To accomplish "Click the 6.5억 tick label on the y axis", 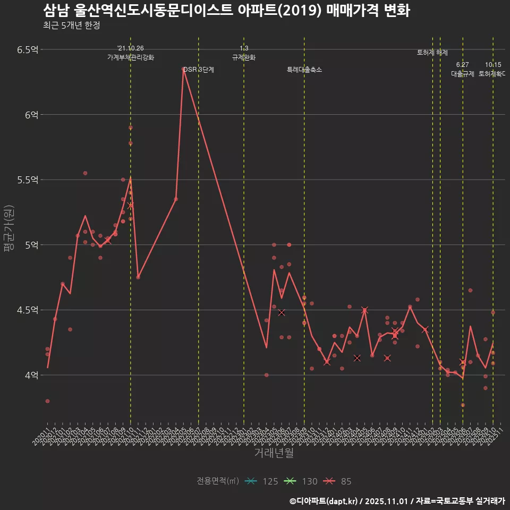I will click(x=27, y=50).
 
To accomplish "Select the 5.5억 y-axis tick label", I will click(x=27, y=180).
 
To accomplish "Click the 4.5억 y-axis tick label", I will click(x=27, y=310).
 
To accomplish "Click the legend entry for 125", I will click(x=262, y=481).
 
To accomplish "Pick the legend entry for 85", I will click(x=338, y=481).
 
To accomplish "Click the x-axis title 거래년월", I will click(x=274, y=453).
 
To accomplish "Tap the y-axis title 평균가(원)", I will click(x=9, y=229).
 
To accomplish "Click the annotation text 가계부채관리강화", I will click(x=130, y=57).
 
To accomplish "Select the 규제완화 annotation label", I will click(x=244, y=57).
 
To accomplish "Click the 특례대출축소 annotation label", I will click(x=304, y=70).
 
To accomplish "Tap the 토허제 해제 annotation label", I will click(x=432, y=53).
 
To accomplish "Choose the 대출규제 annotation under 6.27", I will click(x=463, y=74).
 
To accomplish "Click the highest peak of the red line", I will click(x=183, y=69).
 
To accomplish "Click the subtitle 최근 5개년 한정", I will click(x=71, y=25).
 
